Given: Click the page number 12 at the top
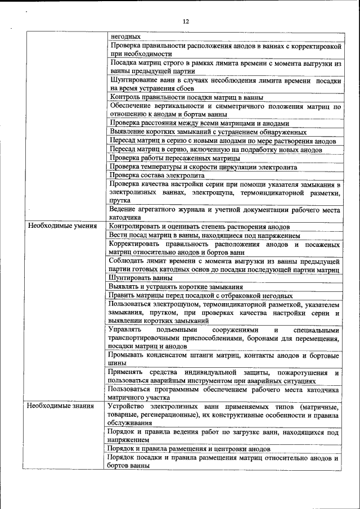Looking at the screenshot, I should [186, 21].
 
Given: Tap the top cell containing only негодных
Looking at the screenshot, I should [125, 36].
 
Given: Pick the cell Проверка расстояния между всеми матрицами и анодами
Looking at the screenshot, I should [199, 123].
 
